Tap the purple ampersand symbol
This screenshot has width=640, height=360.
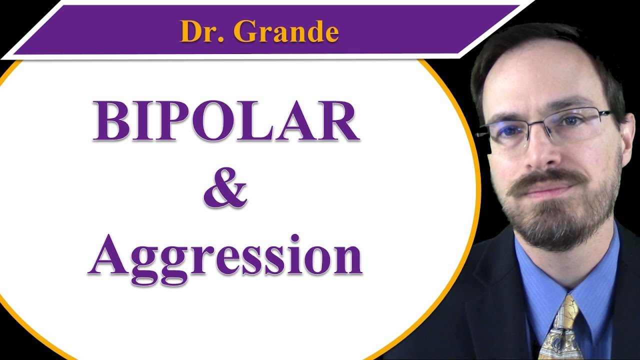coord(225,188)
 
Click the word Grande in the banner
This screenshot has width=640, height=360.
coord(286,31)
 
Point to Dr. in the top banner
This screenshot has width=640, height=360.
coord(197,31)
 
